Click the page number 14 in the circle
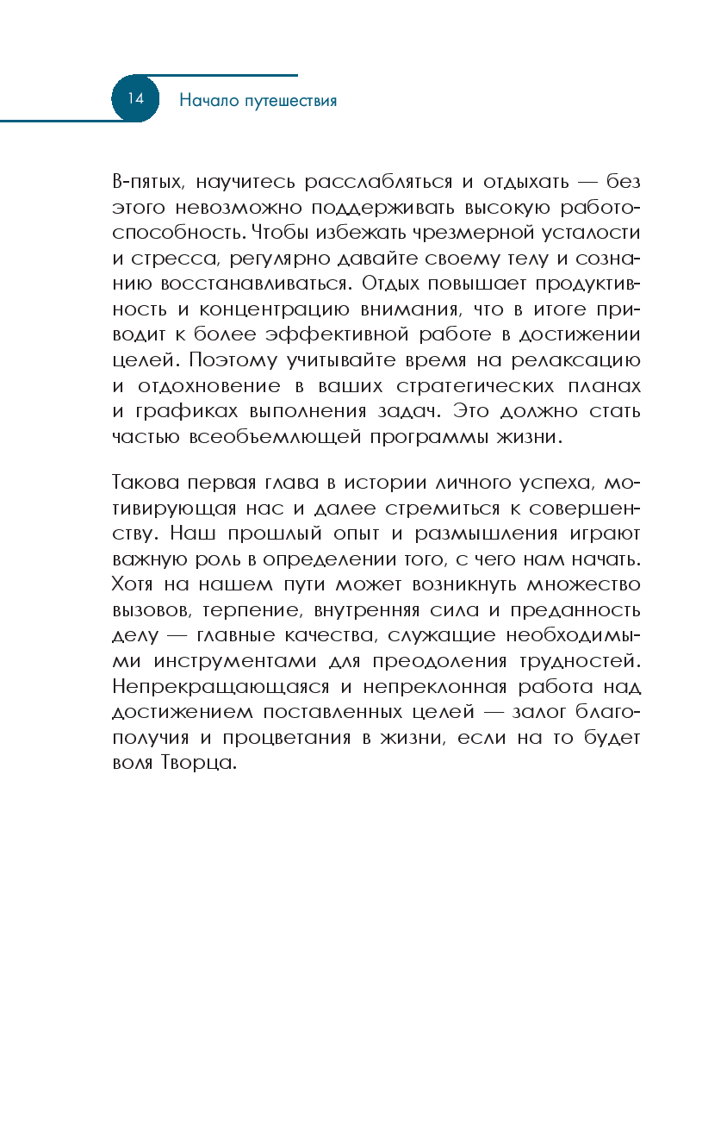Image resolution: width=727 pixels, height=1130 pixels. click(x=136, y=98)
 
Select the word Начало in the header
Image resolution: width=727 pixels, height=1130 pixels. click(x=206, y=100)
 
